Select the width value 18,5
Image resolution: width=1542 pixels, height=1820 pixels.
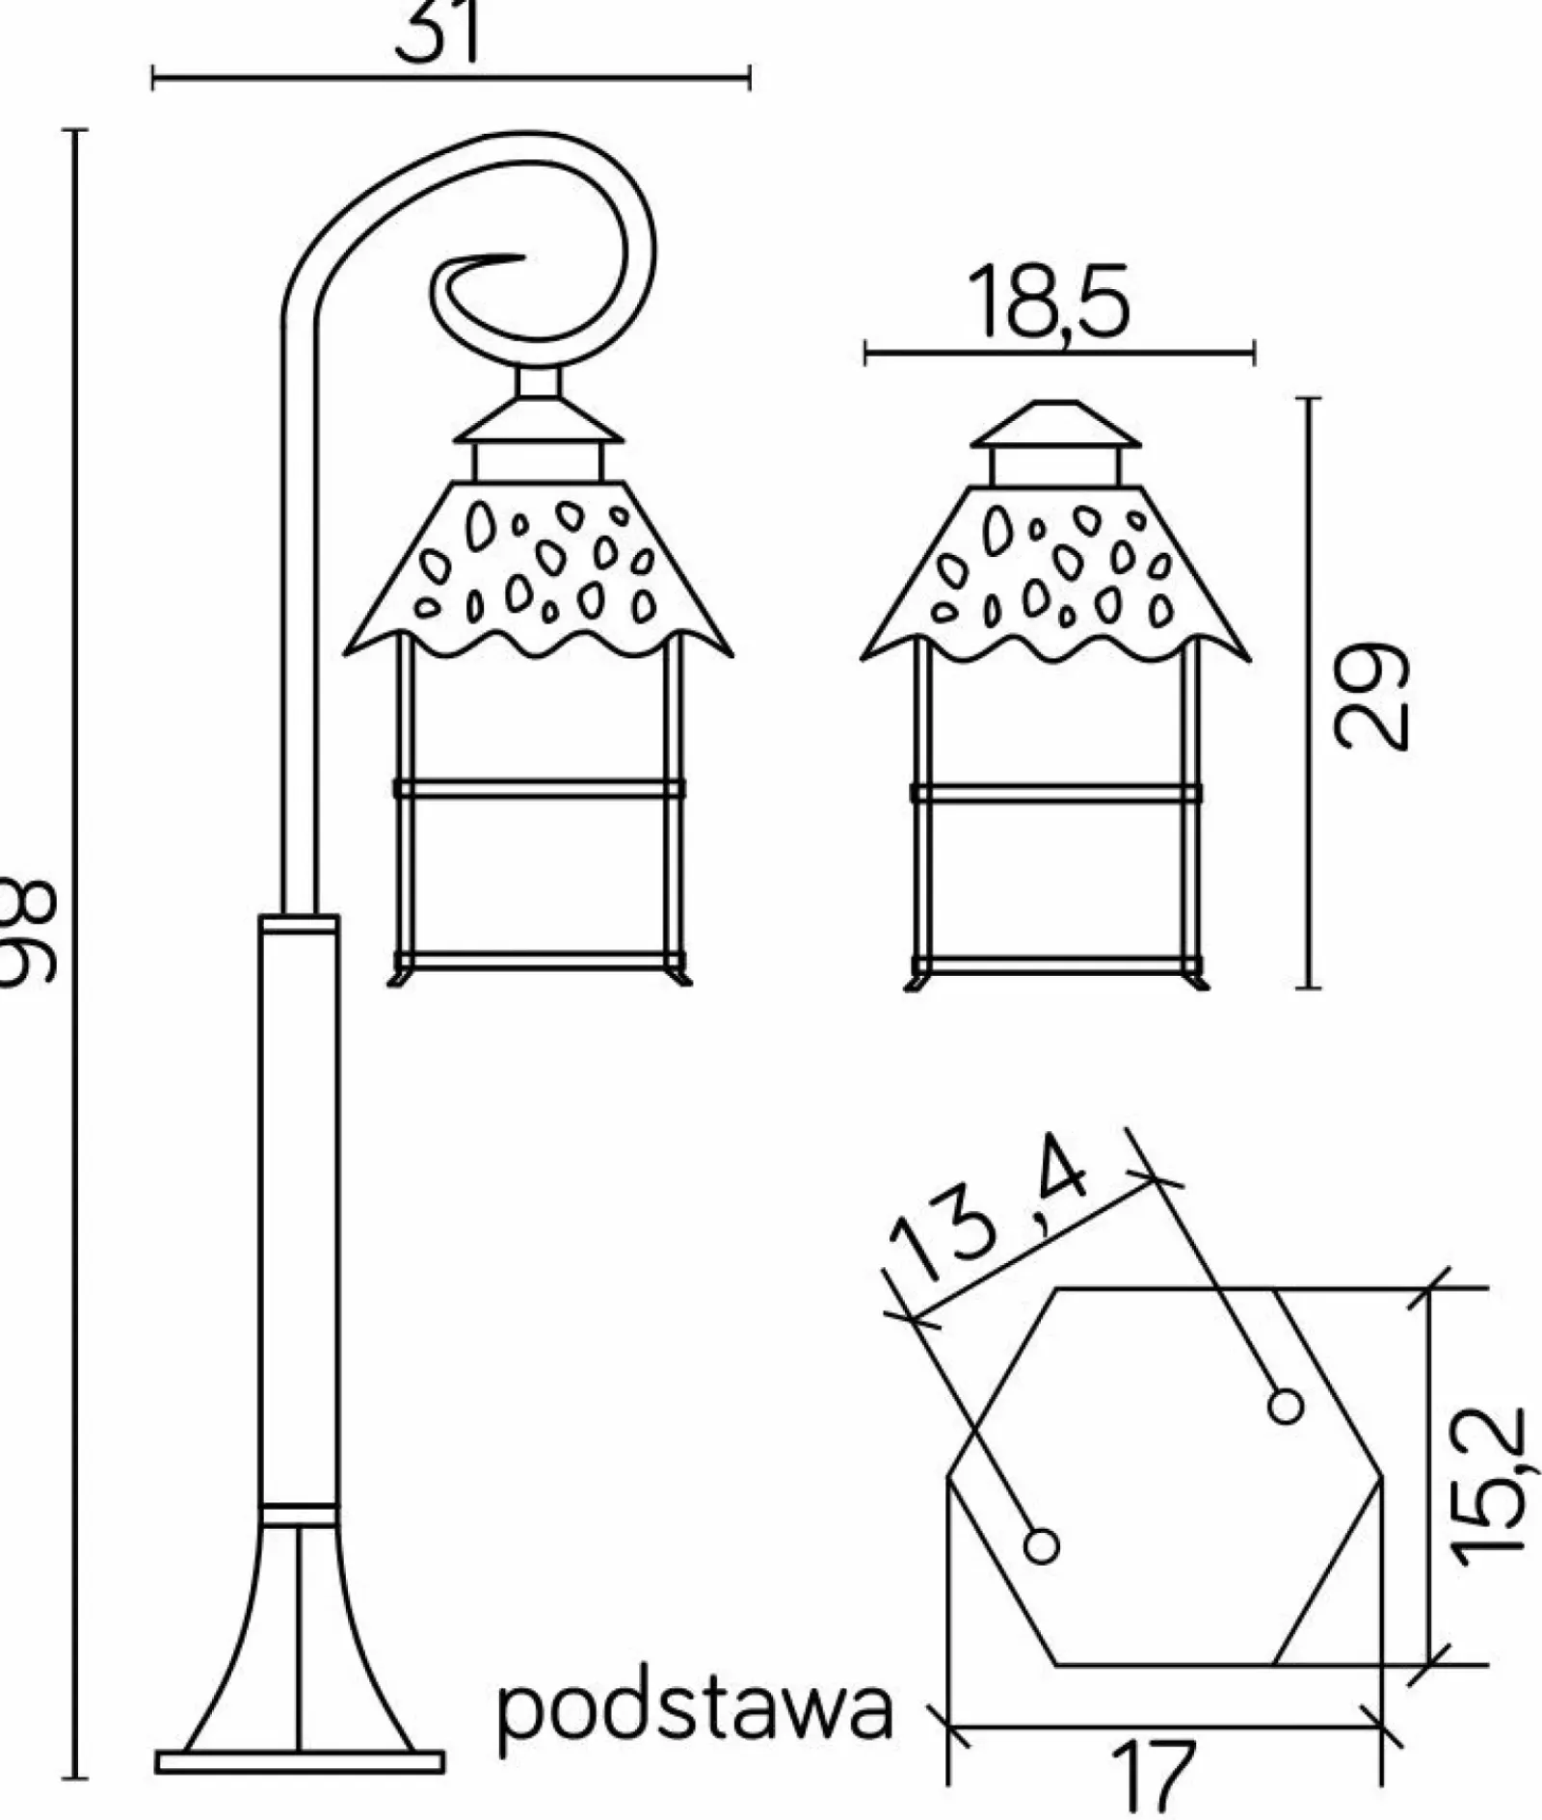coord(1049,302)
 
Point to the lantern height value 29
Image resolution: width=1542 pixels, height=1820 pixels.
coord(1370,695)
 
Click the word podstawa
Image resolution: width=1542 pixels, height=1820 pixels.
coord(694,1711)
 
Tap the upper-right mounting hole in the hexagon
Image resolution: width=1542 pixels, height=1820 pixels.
coord(1286,1407)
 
